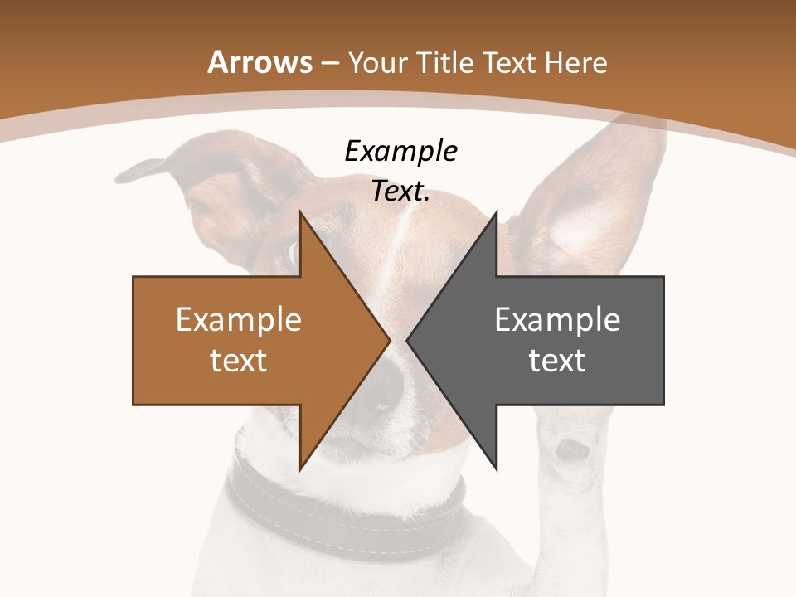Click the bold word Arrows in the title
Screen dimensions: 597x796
pos(260,62)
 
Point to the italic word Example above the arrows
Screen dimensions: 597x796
pos(401,151)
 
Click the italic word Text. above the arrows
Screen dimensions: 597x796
pos(401,191)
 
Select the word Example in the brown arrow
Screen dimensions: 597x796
pos(239,319)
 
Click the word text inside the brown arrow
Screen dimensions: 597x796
pos(239,360)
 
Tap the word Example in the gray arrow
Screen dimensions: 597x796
pos(557,319)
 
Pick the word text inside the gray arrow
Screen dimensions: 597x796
pos(557,360)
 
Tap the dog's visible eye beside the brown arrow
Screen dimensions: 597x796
pos(290,252)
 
